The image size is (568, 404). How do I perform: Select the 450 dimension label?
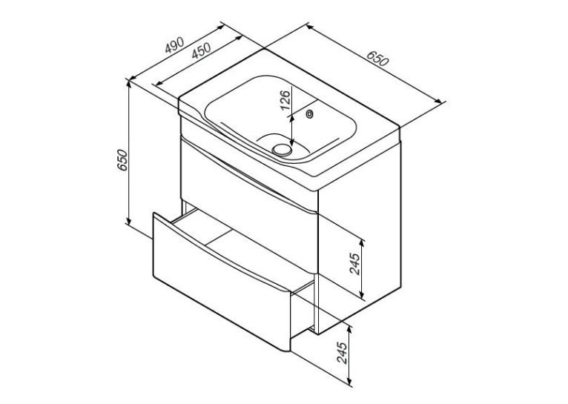(x=201, y=50)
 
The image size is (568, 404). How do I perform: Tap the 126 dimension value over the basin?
(x=285, y=100)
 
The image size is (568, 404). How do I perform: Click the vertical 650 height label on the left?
(x=122, y=159)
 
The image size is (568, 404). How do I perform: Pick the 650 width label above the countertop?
(x=378, y=58)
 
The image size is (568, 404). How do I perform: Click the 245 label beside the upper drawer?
(x=354, y=264)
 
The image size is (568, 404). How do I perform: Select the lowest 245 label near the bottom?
(x=342, y=352)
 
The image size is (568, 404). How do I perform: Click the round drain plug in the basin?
(x=282, y=149)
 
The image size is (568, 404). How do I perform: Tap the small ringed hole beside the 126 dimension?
(x=310, y=114)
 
